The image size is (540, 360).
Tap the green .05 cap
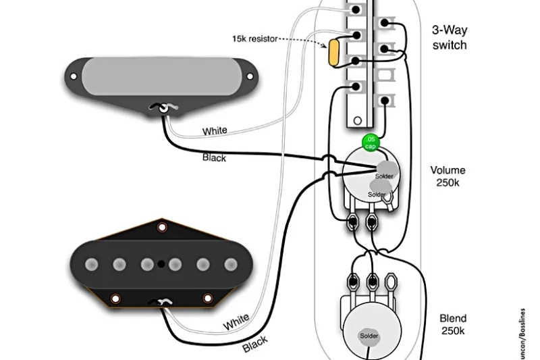[x=370, y=143]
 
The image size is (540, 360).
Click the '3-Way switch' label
[x=450, y=38]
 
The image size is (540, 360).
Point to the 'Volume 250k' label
[x=448, y=177]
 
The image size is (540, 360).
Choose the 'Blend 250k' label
[x=452, y=324]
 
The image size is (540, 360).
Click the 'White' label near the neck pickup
[x=215, y=130]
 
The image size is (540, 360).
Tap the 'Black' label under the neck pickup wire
[x=214, y=158]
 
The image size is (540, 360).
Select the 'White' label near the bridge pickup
[x=236, y=322]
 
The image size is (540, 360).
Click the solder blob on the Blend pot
[x=369, y=336]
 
